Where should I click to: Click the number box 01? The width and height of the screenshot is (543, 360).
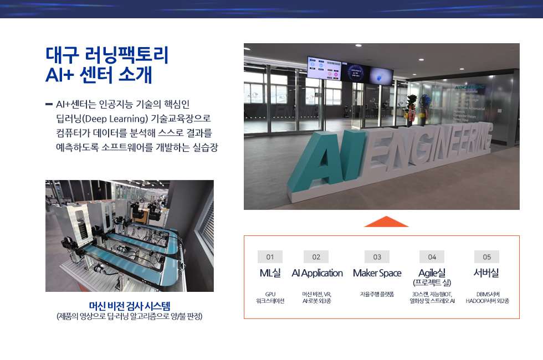pyautogui.click(x=270, y=257)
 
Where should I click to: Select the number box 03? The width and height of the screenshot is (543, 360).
pyautogui.click(x=377, y=257)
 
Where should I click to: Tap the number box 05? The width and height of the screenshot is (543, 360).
pyautogui.click(x=486, y=257)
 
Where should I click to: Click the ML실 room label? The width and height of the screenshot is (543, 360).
pyautogui.click(x=270, y=273)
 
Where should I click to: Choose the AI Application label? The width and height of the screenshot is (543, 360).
pyautogui.click(x=317, y=273)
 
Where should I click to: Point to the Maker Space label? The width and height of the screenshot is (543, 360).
pyautogui.click(x=377, y=273)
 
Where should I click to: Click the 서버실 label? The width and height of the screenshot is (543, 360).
pyautogui.click(x=486, y=273)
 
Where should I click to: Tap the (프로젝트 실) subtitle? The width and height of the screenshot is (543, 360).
pyautogui.click(x=432, y=283)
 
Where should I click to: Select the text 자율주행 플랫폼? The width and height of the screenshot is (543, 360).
pyautogui.click(x=377, y=294)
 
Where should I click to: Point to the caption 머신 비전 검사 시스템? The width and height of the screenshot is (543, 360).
pyautogui.click(x=130, y=306)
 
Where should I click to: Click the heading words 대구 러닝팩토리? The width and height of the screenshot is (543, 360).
pyautogui.click(x=107, y=55)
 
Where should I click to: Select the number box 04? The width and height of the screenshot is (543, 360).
pyautogui.click(x=432, y=257)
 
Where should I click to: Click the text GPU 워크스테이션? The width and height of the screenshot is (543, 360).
pyautogui.click(x=270, y=297)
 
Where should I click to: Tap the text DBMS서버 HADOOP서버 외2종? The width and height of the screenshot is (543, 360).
pyautogui.click(x=487, y=297)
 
